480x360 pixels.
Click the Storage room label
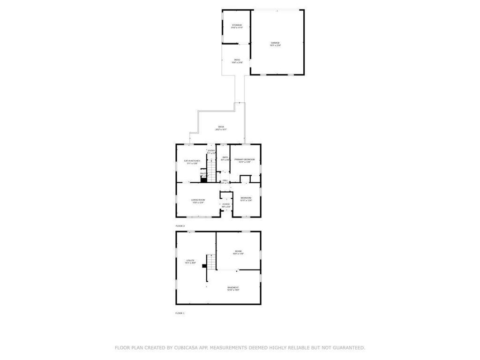point(236,25)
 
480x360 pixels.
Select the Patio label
point(237,60)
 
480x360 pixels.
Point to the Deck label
point(221,127)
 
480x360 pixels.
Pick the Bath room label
point(225,158)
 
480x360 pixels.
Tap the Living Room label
point(198,201)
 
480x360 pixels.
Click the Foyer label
point(226,204)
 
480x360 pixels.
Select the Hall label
point(225,180)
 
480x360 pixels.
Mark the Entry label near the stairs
point(211,151)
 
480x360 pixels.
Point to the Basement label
point(233,288)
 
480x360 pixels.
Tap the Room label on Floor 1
point(238,252)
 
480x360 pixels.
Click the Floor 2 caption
point(180,226)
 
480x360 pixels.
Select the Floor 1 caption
point(180,313)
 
